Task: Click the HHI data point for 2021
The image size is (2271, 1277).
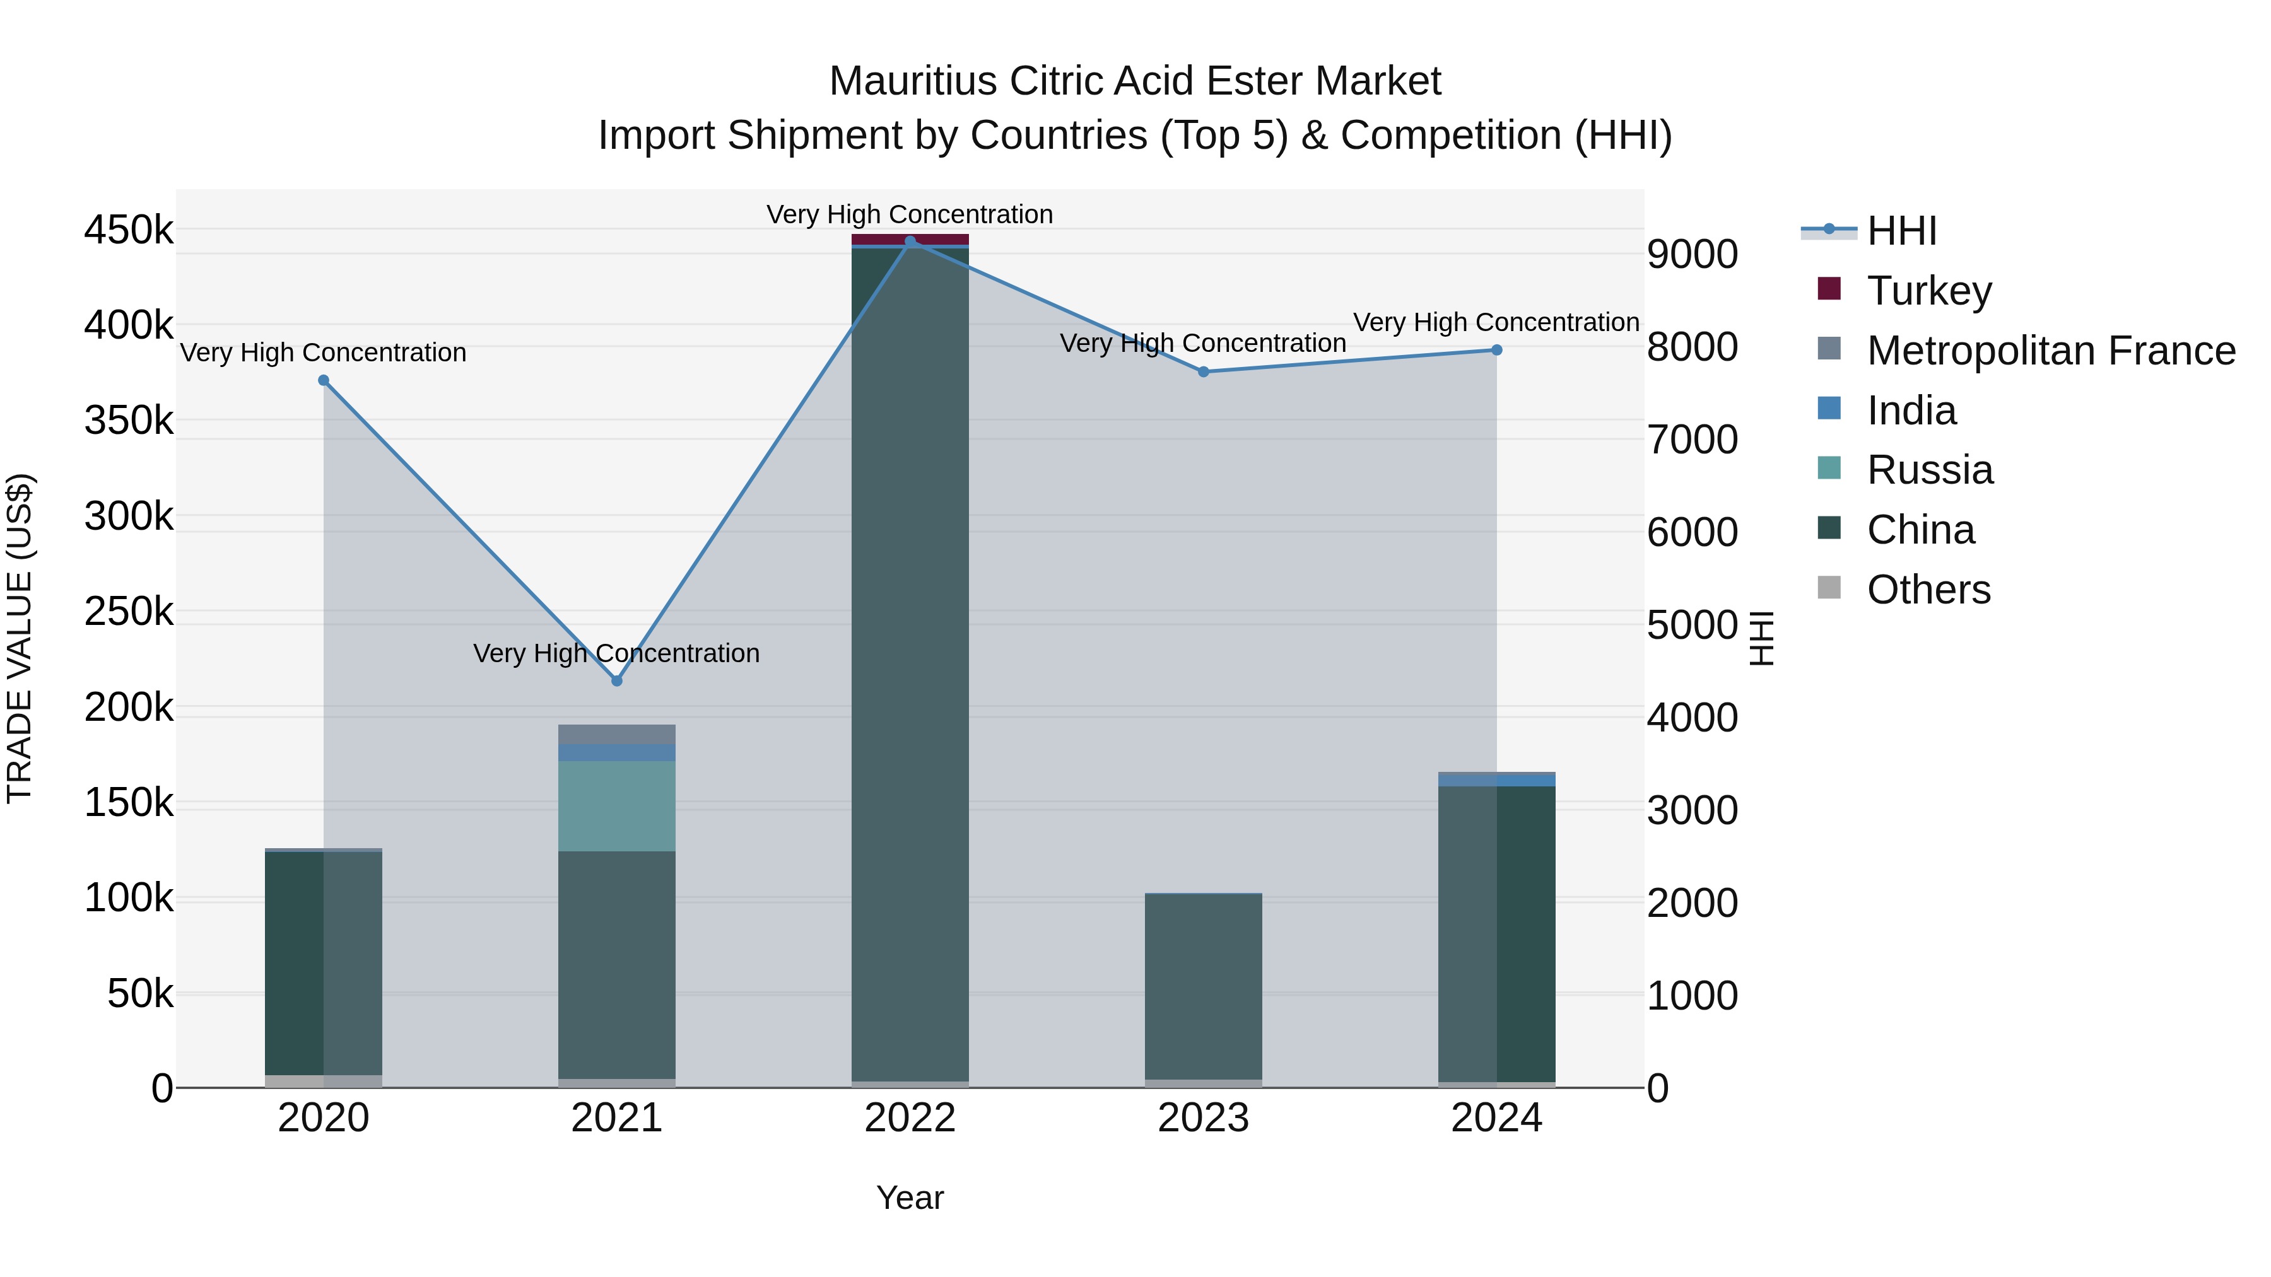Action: click(x=616, y=680)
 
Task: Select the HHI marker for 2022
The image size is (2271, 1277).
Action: click(x=910, y=242)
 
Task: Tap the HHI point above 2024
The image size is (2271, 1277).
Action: click(x=1496, y=350)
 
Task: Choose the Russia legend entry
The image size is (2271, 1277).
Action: click(x=1929, y=470)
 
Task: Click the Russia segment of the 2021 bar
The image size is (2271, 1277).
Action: click(x=616, y=805)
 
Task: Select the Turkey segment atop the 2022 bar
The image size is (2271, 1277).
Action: click(x=910, y=239)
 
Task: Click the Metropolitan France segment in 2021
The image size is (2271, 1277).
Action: click(x=616, y=734)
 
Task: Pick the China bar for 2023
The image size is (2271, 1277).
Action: click(x=1204, y=987)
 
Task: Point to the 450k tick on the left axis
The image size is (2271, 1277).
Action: click(x=129, y=231)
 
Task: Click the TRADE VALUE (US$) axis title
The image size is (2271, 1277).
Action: click(x=20, y=638)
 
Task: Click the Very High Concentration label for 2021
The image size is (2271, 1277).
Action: click(x=616, y=654)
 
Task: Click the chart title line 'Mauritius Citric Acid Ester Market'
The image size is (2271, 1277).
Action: click(x=1135, y=81)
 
